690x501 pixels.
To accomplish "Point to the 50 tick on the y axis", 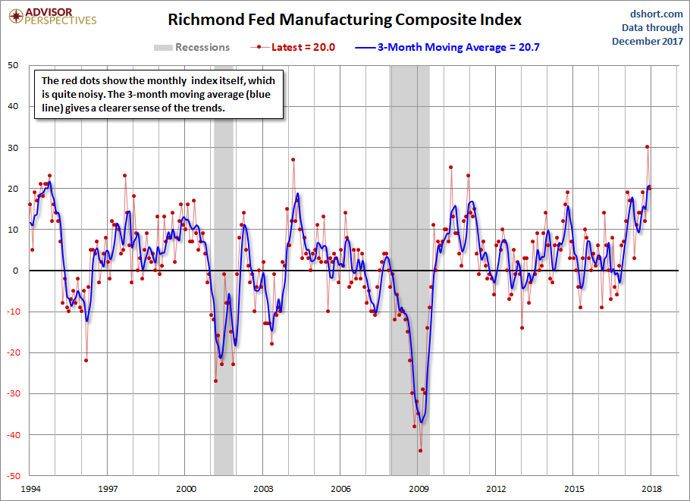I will click(14, 65).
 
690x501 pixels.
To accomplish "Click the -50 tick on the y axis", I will click(12, 476).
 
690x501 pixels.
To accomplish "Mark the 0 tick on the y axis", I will click(17, 271).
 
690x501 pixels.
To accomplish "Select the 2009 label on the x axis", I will click(419, 490).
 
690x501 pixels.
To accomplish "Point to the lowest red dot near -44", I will click(420, 450).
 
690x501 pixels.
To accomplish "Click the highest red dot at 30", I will click(647, 147).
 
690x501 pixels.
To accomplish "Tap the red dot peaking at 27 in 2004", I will click(293, 160).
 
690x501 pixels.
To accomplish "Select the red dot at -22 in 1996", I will click(86, 361).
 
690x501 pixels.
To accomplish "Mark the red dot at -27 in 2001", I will click(216, 380).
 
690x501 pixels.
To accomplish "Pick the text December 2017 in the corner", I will click(648, 41).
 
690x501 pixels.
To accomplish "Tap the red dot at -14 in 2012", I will click(522, 328).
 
